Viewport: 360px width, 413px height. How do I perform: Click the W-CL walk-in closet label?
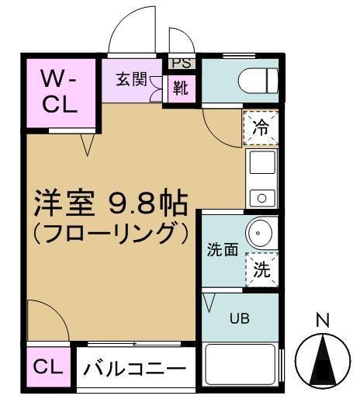coord(60,92)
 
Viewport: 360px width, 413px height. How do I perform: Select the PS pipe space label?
coord(180,62)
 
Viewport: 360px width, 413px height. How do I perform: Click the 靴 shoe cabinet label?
coord(180,88)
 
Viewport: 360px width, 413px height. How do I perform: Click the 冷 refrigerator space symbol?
coord(261,128)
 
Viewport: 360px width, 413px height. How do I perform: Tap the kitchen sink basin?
coord(261,165)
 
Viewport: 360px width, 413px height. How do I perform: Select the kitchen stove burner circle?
coord(261,198)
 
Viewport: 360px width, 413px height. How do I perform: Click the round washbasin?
coord(259,232)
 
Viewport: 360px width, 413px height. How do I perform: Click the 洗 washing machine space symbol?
coord(262,271)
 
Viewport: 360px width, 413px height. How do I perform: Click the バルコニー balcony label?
coord(135,369)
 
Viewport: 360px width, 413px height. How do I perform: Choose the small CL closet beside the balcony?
coord(49,366)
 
